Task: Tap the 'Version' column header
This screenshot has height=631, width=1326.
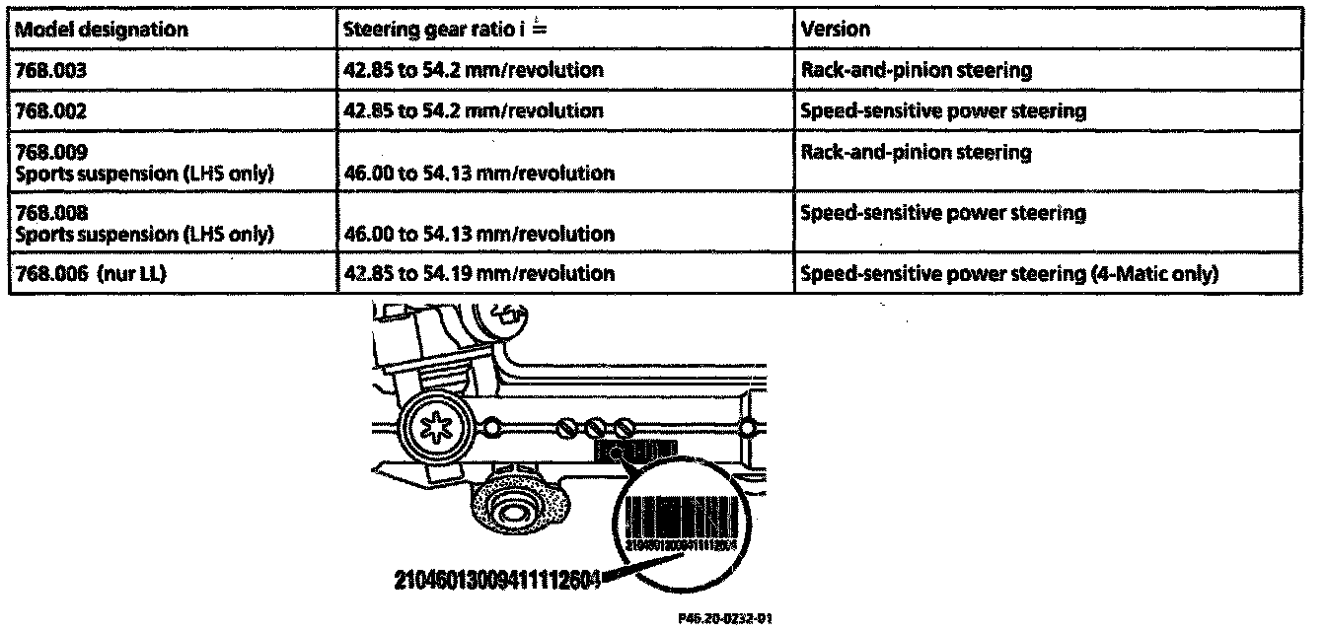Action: (x=836, y=29)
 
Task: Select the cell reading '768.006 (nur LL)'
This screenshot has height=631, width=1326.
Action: (x=87, y=274)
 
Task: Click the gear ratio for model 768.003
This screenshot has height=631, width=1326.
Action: (x=473, y=70)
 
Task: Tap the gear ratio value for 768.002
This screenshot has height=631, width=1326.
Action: (x=473, y=111)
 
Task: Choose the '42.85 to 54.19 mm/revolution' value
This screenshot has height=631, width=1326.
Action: (x=478, y=274)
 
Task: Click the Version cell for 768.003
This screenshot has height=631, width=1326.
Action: (x=917, y=70)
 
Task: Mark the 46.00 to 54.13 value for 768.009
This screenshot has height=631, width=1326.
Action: (x=478, y=174)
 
